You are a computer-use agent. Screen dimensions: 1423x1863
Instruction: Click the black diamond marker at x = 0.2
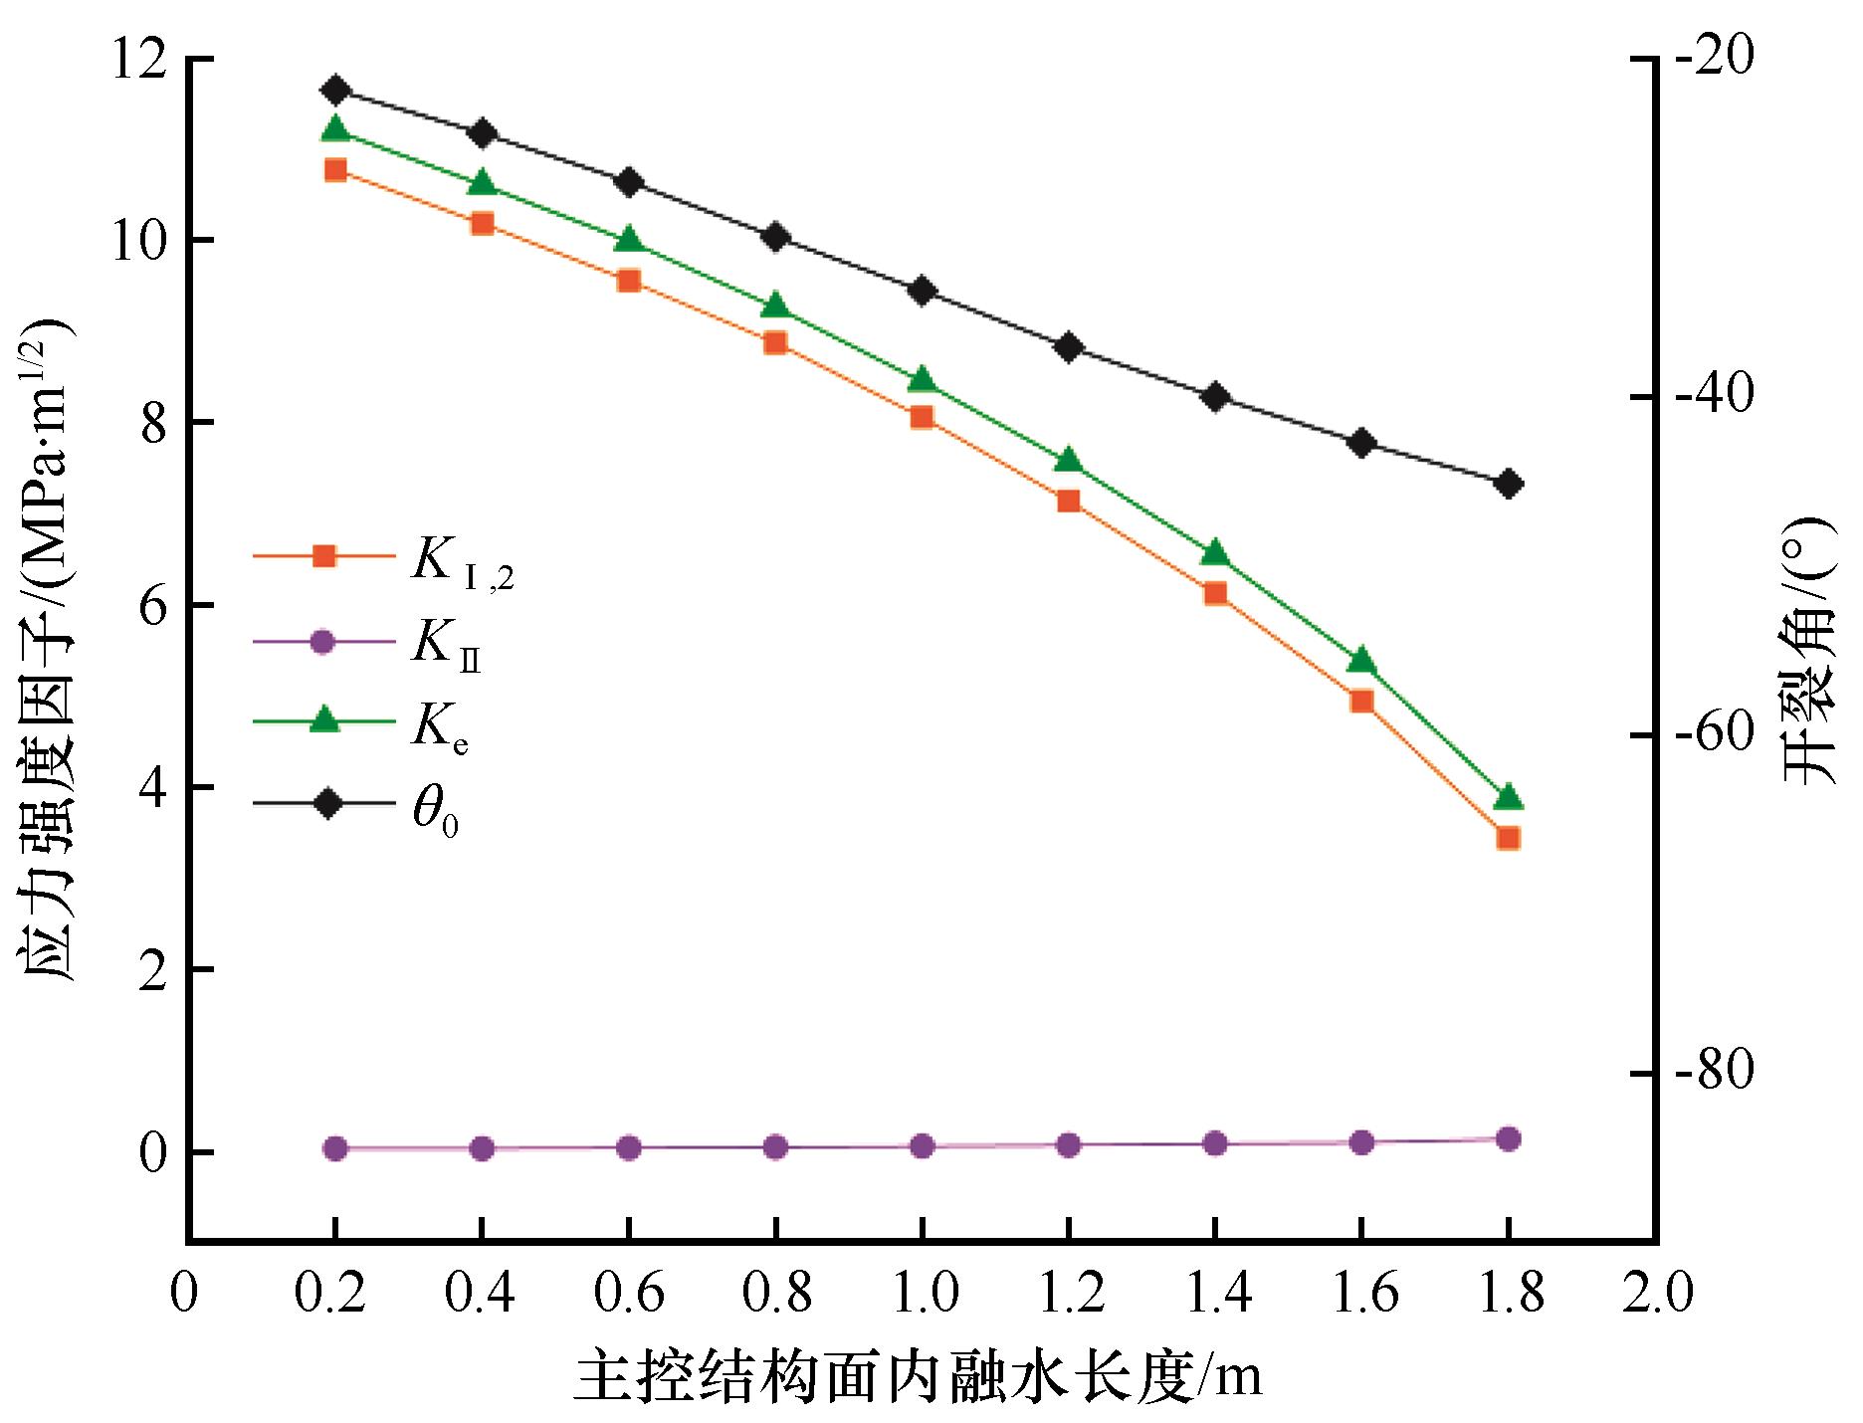click(x=335, y=91)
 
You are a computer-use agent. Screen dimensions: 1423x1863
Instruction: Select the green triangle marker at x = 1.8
click(x=1508, y=797)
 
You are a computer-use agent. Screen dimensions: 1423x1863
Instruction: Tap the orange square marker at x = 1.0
click(x=922, y=417)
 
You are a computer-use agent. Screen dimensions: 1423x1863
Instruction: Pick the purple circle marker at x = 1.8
click(x=1508, y=1139)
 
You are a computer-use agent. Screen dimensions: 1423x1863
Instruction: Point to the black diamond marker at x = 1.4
click(x=1215, y=397)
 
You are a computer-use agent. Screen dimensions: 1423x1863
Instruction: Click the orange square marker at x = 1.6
click(x=1361, y=702)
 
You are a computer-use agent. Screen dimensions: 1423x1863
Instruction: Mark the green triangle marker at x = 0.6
click(x=628, y=241)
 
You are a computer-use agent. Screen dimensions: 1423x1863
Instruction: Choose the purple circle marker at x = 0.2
click(x=335, y=1148)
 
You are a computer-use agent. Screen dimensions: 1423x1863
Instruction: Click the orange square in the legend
click(x=323, y=556)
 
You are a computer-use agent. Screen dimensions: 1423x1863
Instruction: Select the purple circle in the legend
click(x=323, y=641)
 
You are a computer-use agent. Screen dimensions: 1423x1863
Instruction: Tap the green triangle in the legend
click(x=323, y=720)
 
